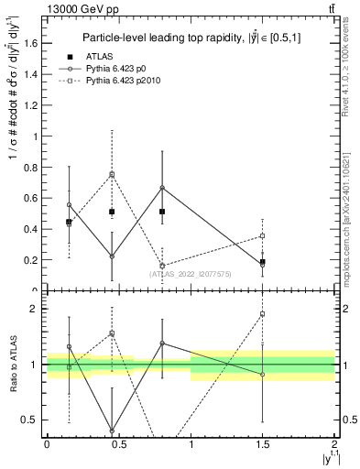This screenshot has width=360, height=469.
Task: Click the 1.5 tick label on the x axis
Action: pos(262,443)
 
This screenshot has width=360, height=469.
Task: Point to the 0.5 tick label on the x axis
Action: pos(118,443)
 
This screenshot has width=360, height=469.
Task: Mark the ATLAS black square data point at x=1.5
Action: pos(263,262)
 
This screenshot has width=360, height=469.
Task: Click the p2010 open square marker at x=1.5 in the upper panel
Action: pos(263,236)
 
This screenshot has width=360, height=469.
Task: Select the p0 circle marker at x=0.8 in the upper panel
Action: pos(162,188)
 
